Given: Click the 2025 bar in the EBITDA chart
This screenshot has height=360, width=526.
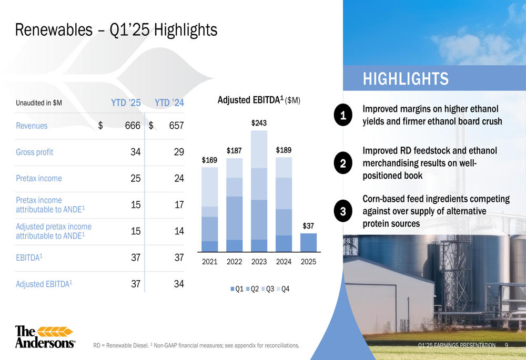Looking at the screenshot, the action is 308,242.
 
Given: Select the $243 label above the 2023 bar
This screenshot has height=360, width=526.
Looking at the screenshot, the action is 259,123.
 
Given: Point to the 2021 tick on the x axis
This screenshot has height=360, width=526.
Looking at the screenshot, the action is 210,262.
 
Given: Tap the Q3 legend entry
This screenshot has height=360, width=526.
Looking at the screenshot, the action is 268,289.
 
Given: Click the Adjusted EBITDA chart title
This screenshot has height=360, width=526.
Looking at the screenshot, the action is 259,100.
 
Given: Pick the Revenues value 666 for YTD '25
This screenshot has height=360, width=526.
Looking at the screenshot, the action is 133,126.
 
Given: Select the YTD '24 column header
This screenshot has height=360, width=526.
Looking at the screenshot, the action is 169,102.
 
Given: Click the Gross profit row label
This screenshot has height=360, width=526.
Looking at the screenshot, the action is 35,152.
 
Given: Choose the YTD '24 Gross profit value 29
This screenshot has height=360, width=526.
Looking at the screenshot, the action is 179,152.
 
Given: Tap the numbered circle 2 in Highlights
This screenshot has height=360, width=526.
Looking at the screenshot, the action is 343,163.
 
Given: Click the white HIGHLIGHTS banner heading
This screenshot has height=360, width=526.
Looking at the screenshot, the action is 406,79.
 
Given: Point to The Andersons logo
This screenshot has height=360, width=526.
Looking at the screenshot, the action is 45,336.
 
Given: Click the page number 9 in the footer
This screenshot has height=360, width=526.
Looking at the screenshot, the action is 507,345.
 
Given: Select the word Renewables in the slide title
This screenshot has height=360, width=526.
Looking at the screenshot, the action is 54,30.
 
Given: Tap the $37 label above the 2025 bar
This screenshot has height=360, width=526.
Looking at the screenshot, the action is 308,226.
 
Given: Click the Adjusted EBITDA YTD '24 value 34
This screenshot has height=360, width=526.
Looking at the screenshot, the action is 179,284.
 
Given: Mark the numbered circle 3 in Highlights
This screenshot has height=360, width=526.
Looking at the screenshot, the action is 343,211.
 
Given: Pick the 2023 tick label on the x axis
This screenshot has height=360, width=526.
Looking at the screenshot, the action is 259,262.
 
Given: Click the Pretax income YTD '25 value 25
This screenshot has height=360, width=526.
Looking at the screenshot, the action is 136,178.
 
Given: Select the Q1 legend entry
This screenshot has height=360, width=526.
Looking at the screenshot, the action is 237,289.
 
